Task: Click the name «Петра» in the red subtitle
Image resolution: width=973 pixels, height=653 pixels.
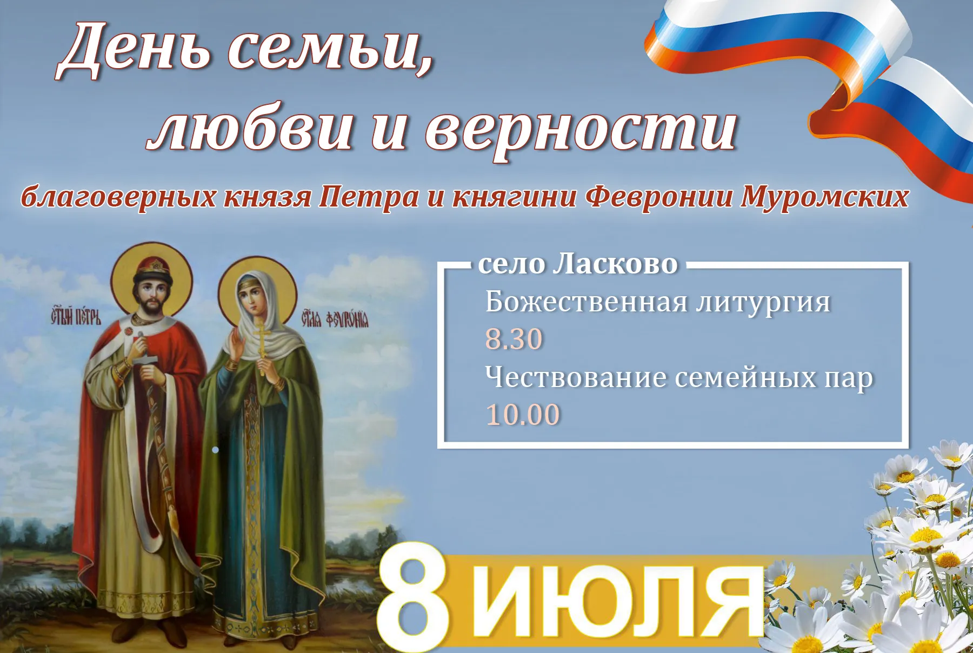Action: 369,197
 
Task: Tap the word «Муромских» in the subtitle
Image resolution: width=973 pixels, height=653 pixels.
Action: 824,197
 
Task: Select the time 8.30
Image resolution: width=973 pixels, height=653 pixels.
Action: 514,339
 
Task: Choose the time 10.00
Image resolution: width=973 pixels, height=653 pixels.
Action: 523,415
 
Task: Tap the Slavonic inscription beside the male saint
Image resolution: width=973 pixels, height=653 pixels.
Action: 76,316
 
